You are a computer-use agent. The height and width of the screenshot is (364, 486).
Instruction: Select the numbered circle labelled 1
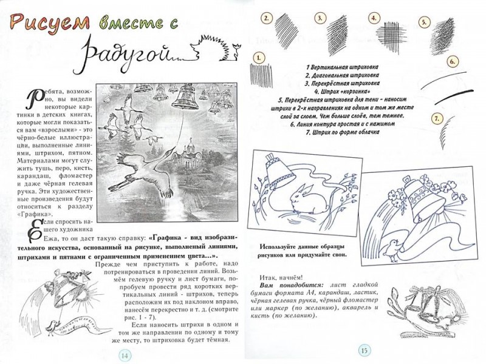tap(259, 58)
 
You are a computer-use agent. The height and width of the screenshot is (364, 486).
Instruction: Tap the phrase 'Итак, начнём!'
tap(281, 277)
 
